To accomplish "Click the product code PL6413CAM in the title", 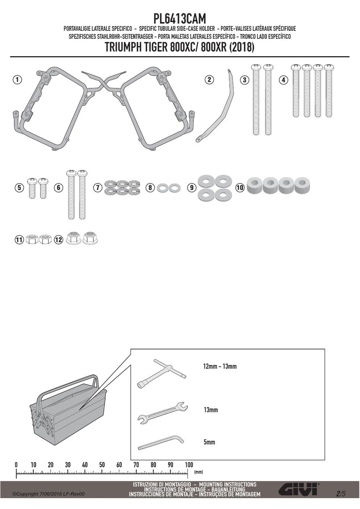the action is (180, 18).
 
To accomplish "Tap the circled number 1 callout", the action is (17, 80).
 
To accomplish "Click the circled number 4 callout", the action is (283, 80).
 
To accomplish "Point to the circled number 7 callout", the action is (98, 187).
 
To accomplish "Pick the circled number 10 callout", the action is (240, 187).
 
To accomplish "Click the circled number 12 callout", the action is (59, 240).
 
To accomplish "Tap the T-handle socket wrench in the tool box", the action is (161, 373).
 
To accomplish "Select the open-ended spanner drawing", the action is (163, 413).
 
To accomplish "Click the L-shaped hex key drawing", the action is (161, 443).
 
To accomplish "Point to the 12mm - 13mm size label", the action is (220, 366).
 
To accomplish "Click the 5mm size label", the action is (209, 442).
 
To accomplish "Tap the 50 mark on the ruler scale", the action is (102, 465).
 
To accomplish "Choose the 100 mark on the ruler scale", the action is (189, 465).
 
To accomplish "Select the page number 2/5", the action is (341, 494).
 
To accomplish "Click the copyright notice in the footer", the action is (48, 494).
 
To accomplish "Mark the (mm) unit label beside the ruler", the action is (198, 472).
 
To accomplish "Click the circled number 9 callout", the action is (191, 187).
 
